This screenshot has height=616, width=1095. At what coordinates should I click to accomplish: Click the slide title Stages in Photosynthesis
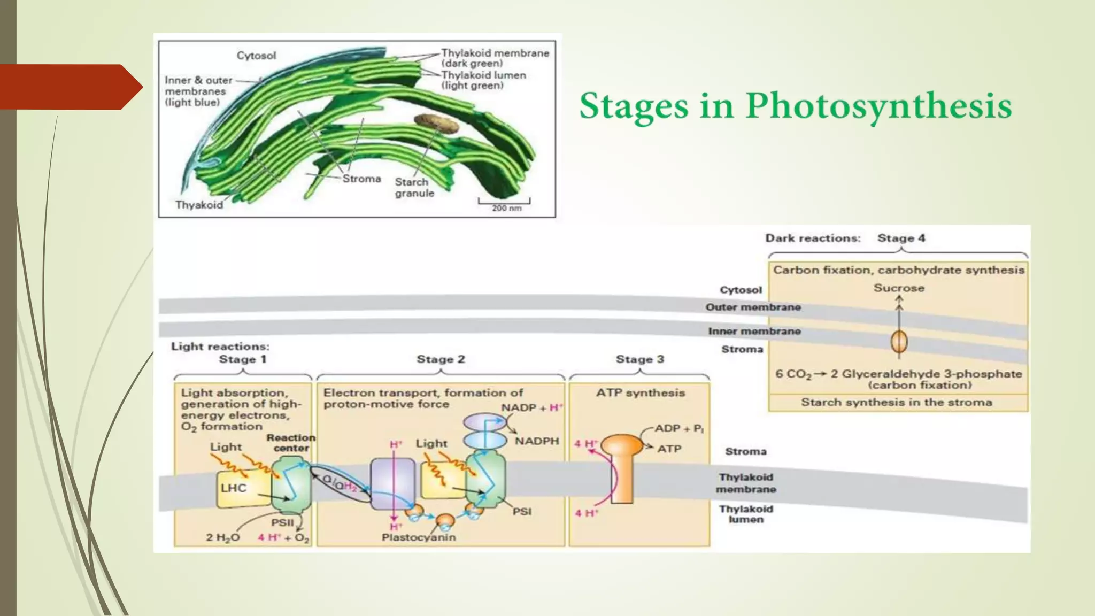[x=796, y=105]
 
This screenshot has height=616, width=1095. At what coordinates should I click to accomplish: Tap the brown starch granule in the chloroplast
[x=436, y=124]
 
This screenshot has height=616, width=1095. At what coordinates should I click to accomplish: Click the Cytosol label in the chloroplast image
[x=256, y=56]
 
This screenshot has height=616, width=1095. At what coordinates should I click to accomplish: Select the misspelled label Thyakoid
[x=199, y=205]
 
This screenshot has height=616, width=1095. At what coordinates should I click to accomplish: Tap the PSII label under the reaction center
[x=282, y=522]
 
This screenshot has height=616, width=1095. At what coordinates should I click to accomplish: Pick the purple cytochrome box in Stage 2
[x=392, y=483]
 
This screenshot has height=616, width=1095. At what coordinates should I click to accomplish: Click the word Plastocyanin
[x=419, y=537]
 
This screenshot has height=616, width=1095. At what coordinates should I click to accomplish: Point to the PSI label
[x=522, y=511]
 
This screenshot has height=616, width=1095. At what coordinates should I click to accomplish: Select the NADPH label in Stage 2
[x=536, y=441]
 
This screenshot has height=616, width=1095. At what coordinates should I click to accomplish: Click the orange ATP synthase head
[x=622, y=445]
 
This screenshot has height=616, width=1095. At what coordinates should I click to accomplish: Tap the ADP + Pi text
[x=679, y=428]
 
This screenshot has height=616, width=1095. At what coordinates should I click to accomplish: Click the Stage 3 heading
[x=639, y=359]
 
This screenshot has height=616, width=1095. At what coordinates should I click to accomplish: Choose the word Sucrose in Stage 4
[x=899, y=288]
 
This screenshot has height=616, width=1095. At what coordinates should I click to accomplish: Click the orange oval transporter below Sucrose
[x=899, y=341]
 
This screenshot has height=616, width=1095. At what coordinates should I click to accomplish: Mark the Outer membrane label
[x=753, y=307]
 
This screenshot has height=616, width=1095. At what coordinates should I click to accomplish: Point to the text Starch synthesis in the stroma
[x=897, y=403]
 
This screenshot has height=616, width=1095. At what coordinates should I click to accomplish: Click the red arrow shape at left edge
[x=70, y=87]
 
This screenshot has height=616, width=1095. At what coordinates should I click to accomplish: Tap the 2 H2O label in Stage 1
[x=223, y=537]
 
